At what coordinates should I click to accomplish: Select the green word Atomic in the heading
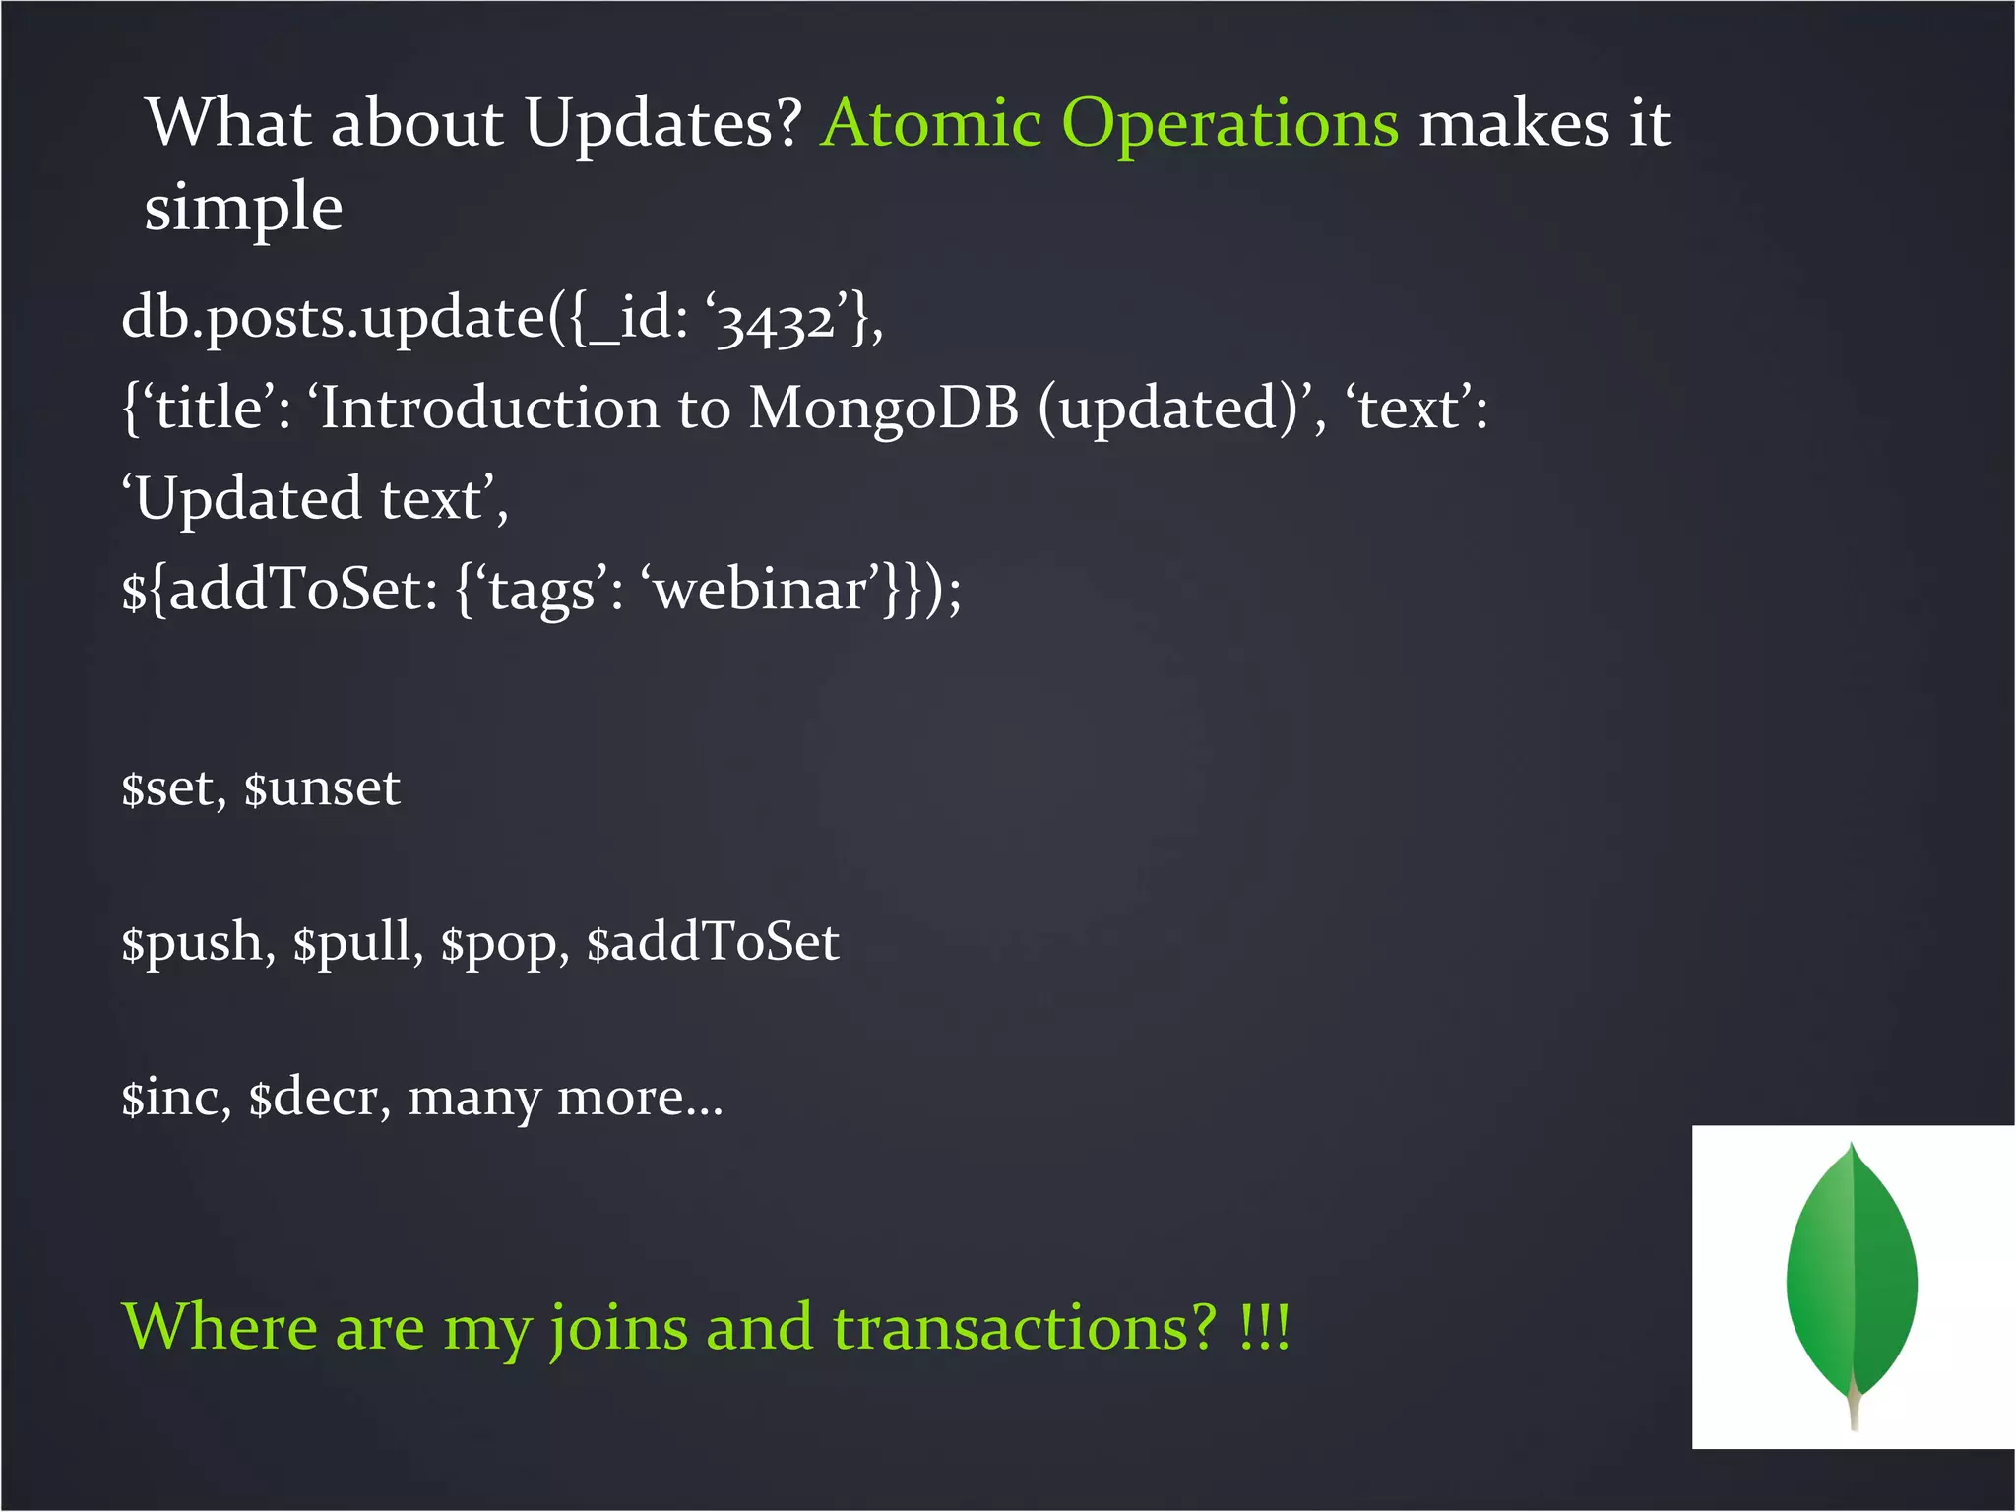[931, 125]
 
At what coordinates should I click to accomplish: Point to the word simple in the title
[243, 209]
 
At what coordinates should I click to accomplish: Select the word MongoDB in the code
[883, 409]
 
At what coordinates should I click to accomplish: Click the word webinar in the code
[760, 591]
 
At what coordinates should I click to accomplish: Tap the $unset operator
[322, 788]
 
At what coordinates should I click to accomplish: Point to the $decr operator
[314, 1098]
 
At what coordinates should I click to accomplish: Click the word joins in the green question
[618, 1330]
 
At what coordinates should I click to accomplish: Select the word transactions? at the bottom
[1025, 1328]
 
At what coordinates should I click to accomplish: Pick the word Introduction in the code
[489, 409]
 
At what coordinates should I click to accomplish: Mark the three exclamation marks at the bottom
[1264, 1328]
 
